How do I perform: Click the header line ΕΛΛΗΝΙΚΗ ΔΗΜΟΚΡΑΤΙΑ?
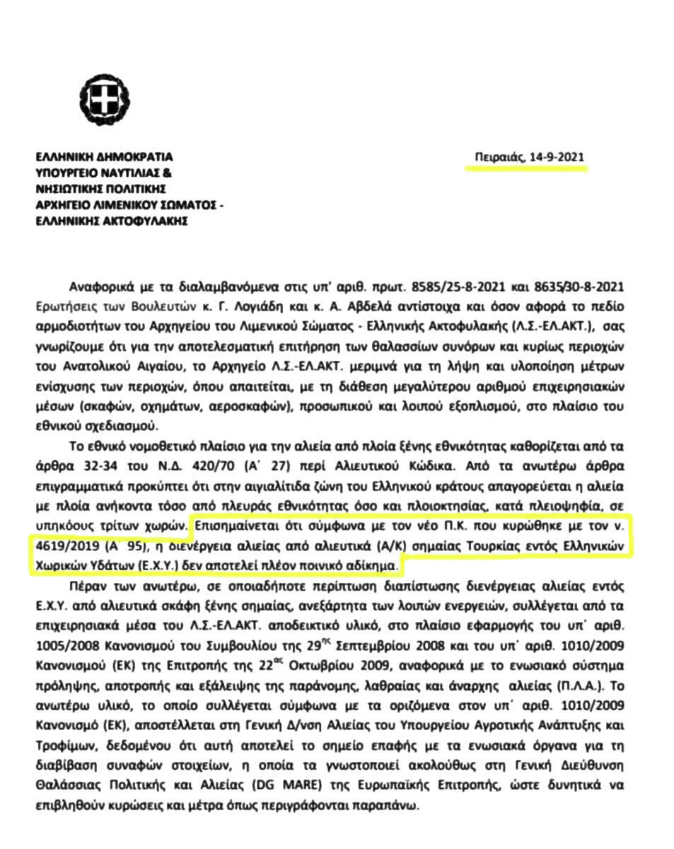point(104,157)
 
